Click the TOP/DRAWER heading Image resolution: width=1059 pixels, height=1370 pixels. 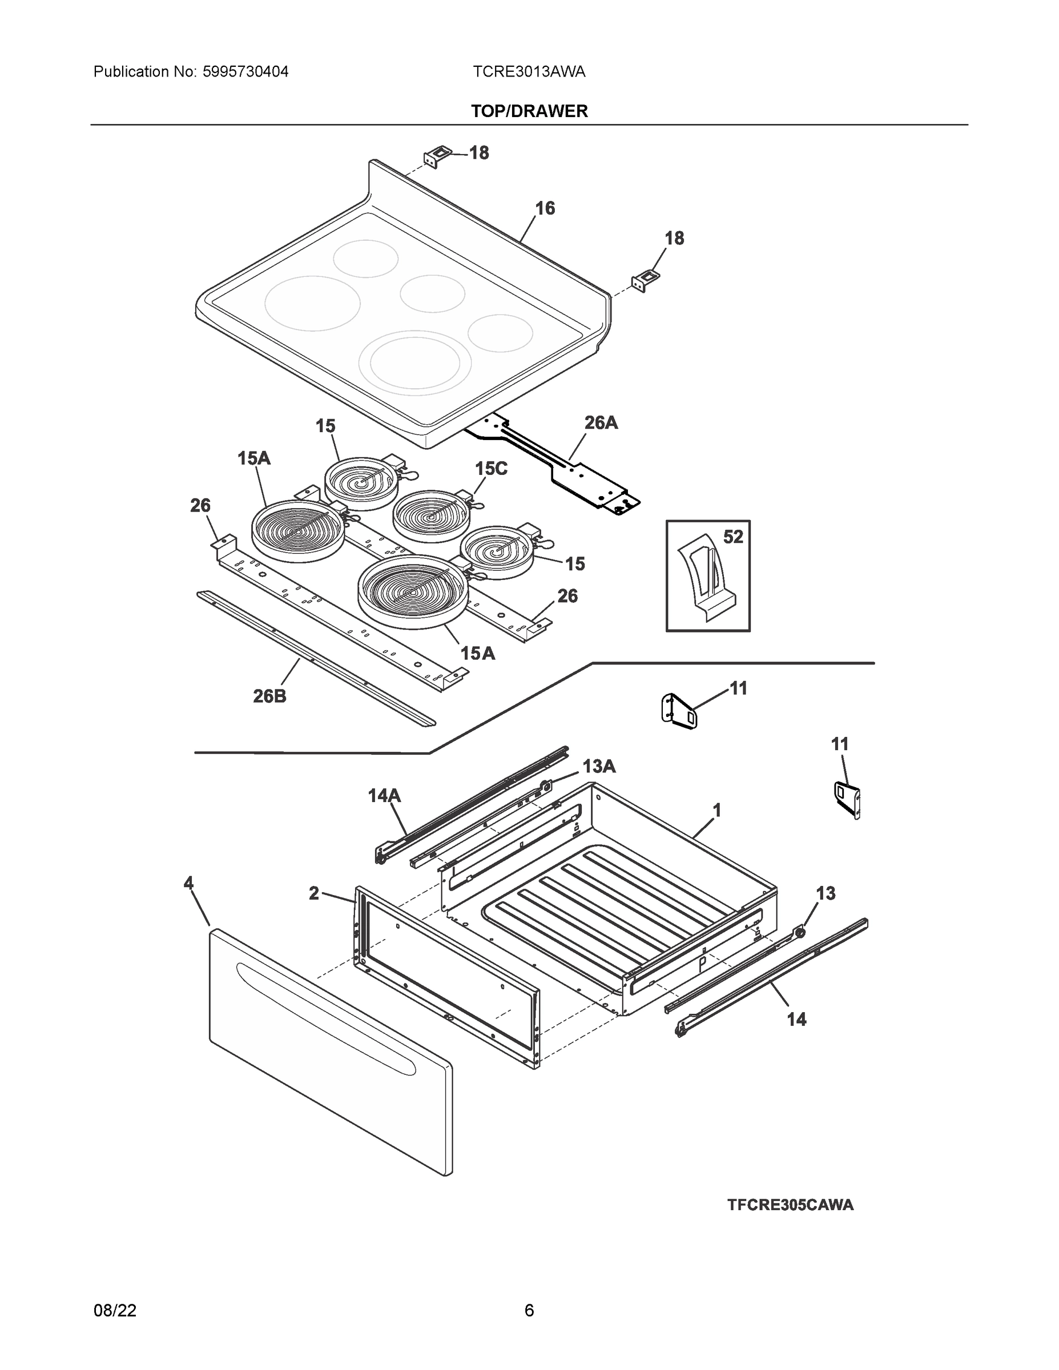[x=529, y=111]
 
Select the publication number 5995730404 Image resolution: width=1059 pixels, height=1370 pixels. [x=245, y=71]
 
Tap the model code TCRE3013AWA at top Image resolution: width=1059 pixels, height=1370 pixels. [x=529, y=71]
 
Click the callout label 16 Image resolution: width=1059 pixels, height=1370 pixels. [x=545, y=208]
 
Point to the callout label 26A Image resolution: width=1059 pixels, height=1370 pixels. [x=601, y=423]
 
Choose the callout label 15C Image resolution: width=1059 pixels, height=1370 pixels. [x=490, y=469]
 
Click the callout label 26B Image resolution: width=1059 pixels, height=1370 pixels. [x=270, y=696]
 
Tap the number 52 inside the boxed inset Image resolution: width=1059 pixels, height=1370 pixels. [x=733, y=537]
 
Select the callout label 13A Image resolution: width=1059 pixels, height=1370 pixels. [x=598, y=766]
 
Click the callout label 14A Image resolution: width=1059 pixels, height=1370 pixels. [x=384, y=795]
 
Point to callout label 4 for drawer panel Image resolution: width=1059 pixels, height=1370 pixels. [x=188, y=884]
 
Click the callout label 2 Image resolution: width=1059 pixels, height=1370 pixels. [x=313, y=893]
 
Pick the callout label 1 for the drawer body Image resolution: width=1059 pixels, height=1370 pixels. [x=717, y=811]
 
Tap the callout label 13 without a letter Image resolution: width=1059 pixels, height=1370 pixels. [x=826, y=893]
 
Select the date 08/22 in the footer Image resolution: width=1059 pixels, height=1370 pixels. [x=115, y=1310]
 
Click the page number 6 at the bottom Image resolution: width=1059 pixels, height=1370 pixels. [x=529, y=1310]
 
